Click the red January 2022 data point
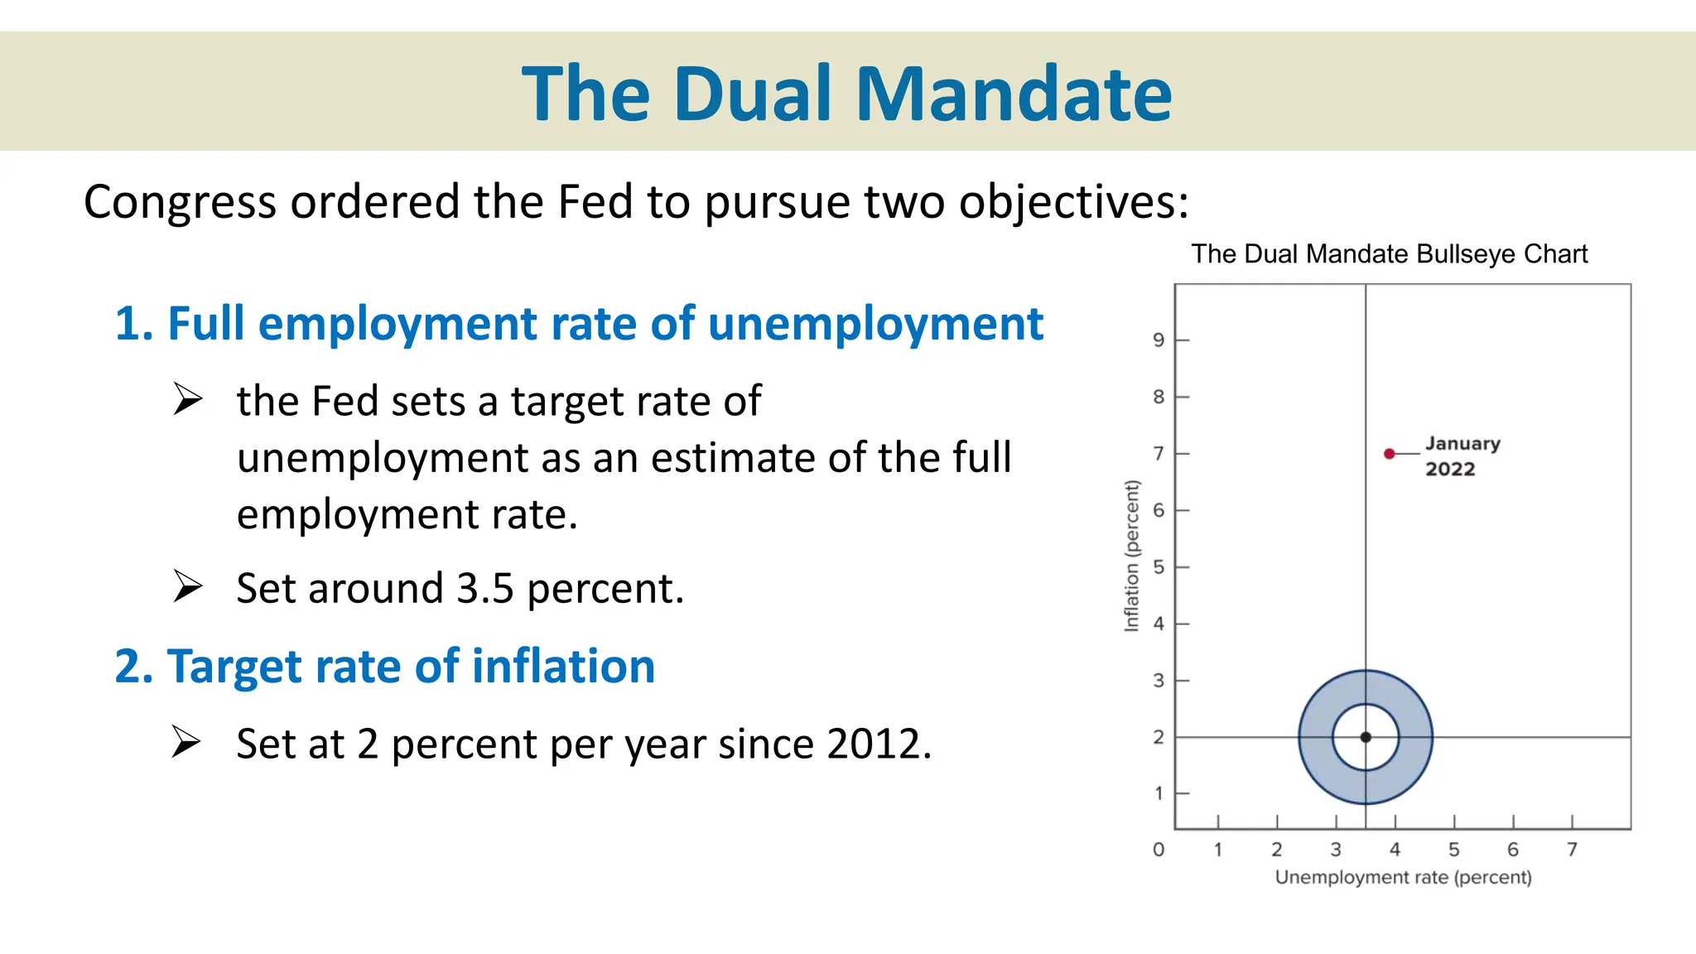pyautogui.click(x=1390, y=454)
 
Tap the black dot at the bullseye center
pyautogui.click(x=1366, y=737)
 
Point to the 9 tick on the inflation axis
pyautogui.click(x=1159, y=340)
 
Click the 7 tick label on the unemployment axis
pyautogui.click(x=1572, y=850)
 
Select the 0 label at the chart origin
pyautogui.click(x=1159, y=850)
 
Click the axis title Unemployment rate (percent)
pyautogui.click(x=1403, y=877)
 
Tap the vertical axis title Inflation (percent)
pyautogui.click(x=1131, y=556)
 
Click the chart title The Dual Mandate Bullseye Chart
pyautogui.click(x=1389, y=253)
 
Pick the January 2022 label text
pyautogui.click(x=1462, y=455)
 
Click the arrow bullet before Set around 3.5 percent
pyautogui.click(x=188, y=586)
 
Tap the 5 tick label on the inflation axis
pyautogui.click(x=1159, y=567)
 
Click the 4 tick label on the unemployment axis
pyautogui.click(x=1395, y=850)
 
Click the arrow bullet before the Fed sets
pyautogui.click(x=188, y=399)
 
